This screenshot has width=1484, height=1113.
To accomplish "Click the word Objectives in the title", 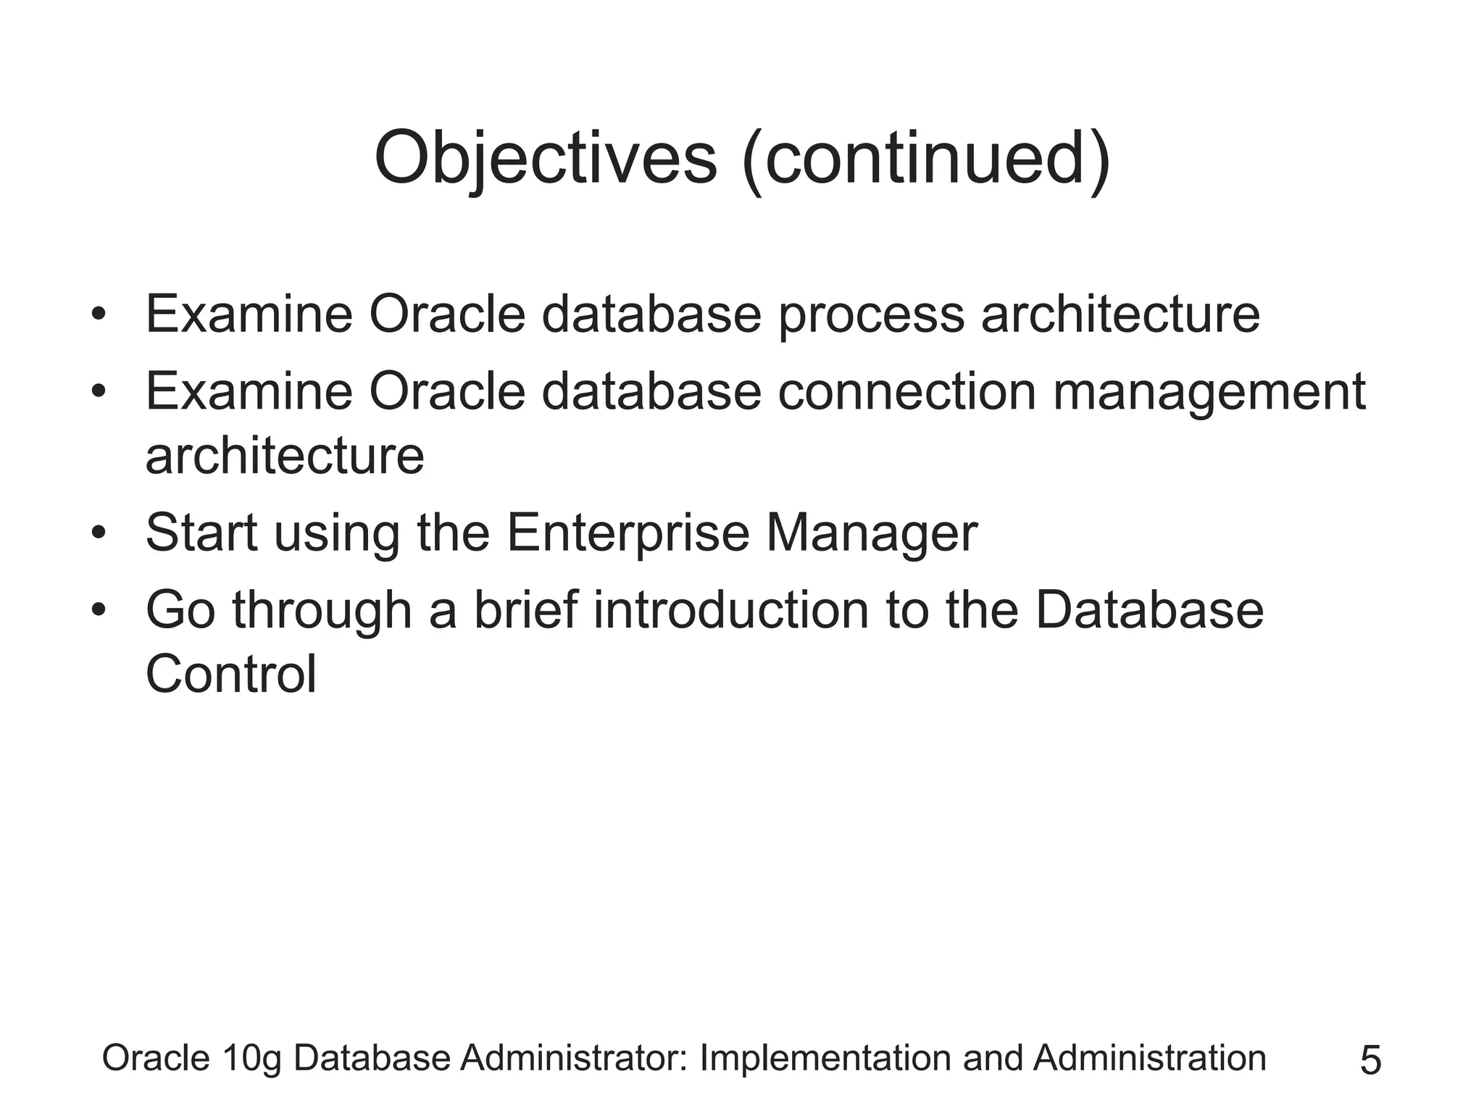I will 545,158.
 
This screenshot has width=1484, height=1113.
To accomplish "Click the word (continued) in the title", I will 926,158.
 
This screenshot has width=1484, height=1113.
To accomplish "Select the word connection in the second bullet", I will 907,391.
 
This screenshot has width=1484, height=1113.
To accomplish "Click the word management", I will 1209,393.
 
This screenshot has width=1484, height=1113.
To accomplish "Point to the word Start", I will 201,533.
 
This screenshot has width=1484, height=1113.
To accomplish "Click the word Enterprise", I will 628,534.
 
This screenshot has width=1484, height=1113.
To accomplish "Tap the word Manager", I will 872,534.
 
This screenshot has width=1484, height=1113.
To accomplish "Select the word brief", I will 525,609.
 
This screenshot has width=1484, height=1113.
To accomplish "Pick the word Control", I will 231,673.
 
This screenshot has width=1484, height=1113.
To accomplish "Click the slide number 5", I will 1370,1061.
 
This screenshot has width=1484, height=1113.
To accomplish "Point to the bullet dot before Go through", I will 99,610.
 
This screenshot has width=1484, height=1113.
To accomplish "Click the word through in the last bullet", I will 322,611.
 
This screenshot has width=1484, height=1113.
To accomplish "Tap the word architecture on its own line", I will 285,456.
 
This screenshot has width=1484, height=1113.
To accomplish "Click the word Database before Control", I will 1149,609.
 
